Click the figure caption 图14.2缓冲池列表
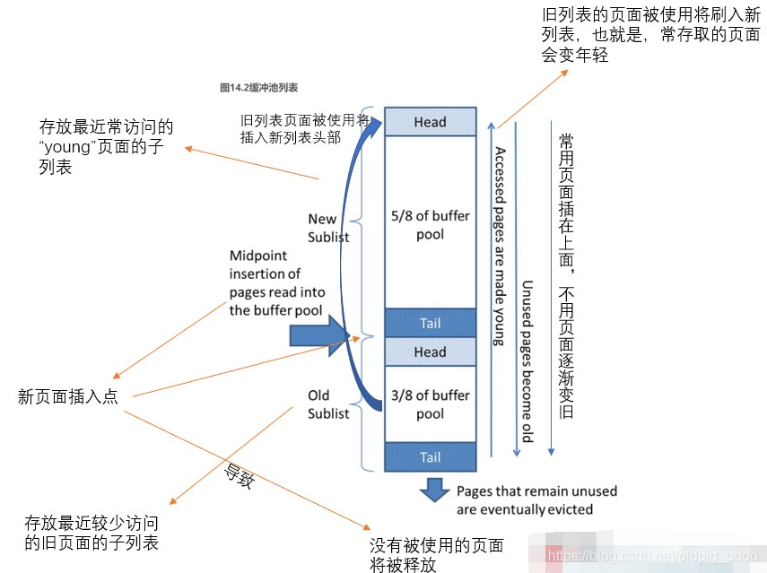point(258,88)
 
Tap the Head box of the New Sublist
point(430,122)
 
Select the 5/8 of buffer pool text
point(430,226)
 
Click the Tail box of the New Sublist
point(430,323)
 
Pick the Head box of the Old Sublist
point(430,352)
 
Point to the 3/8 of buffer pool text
point(430,404)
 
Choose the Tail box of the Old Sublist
point(430,457)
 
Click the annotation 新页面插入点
point(68,396)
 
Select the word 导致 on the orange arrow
point(239,474)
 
